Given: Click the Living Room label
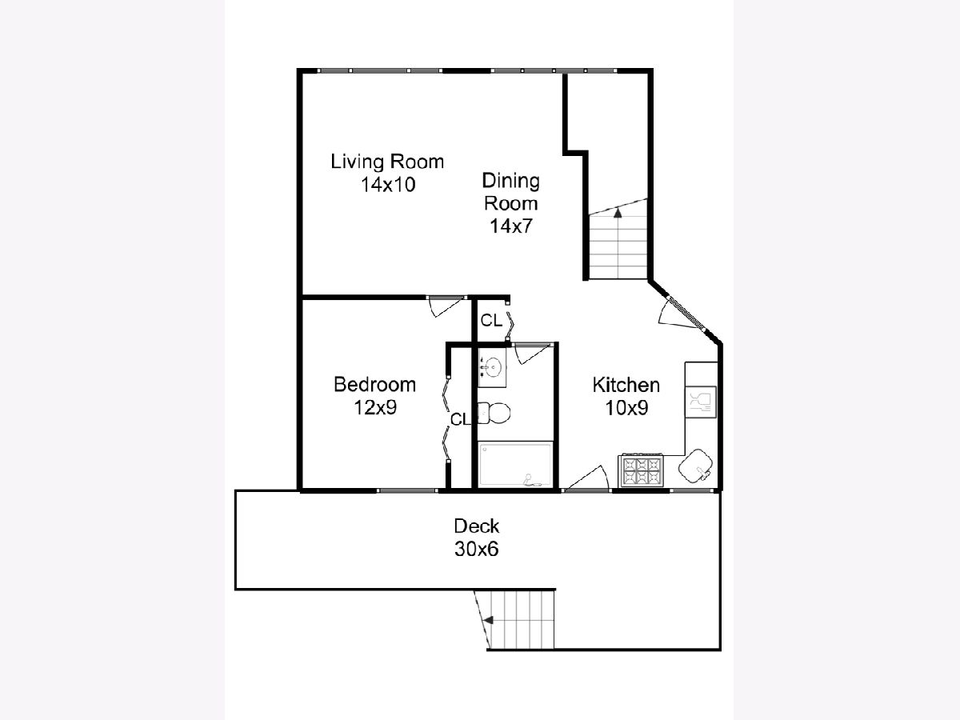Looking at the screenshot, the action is pos(387,162).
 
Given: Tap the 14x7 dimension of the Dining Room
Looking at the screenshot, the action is pos(511,226).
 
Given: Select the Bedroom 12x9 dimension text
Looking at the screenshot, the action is pos(375,408).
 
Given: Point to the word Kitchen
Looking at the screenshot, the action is pos(626,385).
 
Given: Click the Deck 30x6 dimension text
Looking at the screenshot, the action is pos(476,550).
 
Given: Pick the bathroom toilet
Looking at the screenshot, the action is pos(494,413).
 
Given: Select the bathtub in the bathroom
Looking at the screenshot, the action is pos(515,465).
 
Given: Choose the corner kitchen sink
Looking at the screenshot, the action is pos(695,466).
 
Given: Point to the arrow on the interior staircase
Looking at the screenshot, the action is pos(618,213).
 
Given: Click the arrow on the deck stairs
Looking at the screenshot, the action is pos(488,620).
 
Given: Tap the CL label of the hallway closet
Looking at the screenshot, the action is pos(491,321).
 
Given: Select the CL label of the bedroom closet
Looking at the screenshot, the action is pos(460,420).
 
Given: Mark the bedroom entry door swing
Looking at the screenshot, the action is pos(446,306).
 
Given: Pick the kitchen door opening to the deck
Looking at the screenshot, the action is pos(586,478).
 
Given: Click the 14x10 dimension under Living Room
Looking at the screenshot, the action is pos(388,185).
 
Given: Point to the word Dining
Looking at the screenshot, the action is pos(511,181).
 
